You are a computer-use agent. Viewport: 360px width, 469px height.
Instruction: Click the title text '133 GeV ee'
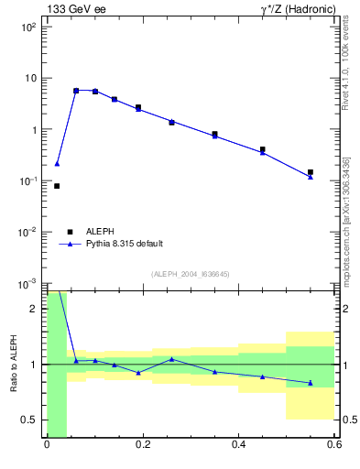coord(72,9)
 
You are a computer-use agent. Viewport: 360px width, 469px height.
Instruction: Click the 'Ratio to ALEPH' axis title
coord(14,364)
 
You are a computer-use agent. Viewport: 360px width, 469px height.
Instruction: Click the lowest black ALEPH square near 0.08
coord(57,186)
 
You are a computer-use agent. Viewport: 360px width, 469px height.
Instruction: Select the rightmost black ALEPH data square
coord(311,172)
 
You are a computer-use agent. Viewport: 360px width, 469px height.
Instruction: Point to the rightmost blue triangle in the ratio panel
coord(311,383)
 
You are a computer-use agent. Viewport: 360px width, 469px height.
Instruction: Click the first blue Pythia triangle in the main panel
coord(57,164)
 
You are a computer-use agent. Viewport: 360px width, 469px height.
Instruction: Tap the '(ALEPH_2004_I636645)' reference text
coord(190,274)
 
